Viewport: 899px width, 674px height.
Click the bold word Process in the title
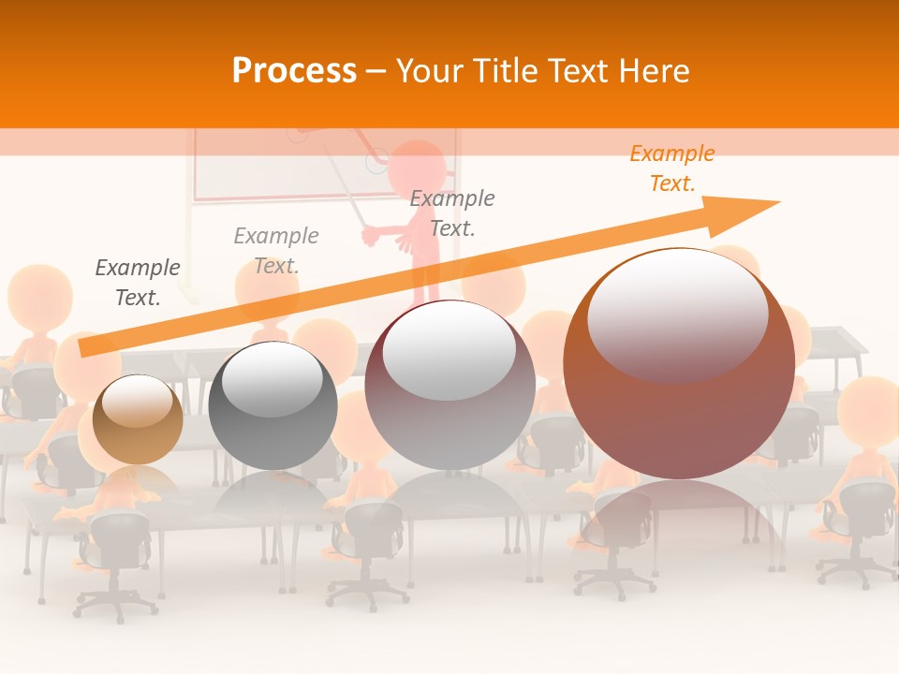(294, 71)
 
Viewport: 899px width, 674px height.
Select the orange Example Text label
(671, 168)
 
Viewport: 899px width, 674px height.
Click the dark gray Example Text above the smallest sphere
(138, 282)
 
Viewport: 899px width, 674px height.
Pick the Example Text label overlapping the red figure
(452, 212)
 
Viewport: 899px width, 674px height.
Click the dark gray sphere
(273, 405)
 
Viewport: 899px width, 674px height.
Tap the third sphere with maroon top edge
(449, 386)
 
